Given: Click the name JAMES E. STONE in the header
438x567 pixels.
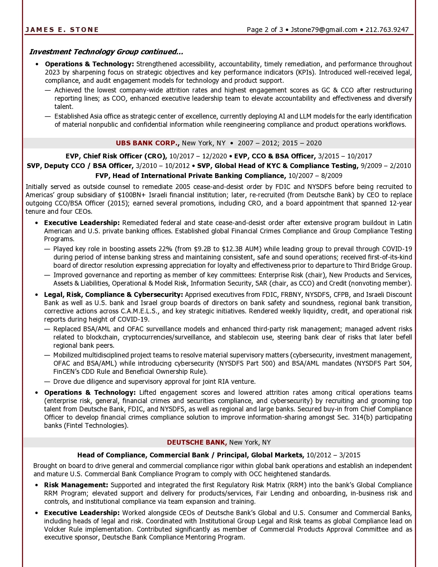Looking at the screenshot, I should pos(62,30).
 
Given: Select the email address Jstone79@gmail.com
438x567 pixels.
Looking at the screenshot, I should pos(324,30).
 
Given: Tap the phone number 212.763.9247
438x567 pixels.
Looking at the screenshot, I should pos(387,30).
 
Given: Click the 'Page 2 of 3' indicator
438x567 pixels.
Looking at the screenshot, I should pos(265,30).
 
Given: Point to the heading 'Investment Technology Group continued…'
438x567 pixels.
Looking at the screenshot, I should pos(106,52).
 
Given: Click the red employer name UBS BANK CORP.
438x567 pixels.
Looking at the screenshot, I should pos(147,143).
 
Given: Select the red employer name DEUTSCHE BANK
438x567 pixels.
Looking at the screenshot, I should pos(197,442).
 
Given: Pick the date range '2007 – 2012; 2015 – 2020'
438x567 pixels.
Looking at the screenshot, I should pos(280,143).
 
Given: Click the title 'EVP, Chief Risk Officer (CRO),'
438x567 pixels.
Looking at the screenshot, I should pos(116,156).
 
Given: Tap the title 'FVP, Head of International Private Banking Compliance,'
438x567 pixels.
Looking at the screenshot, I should pos(191,176).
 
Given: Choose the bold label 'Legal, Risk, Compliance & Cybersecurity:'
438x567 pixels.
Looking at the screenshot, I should pos(113,294).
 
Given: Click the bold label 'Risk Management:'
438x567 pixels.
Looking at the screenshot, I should pos(76,485).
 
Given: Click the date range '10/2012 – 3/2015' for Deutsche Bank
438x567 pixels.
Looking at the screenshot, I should pos(333,455).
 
